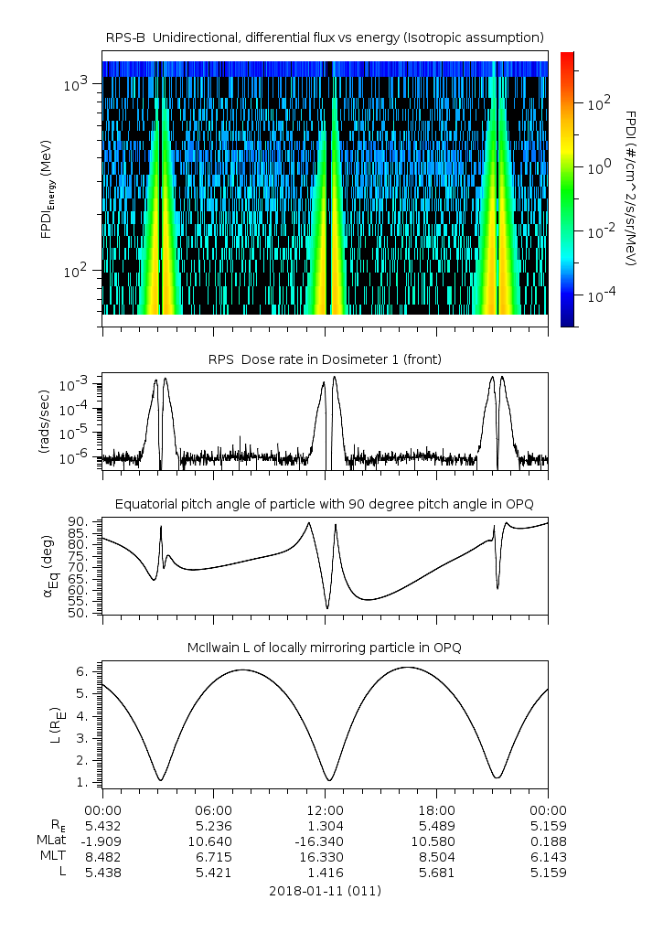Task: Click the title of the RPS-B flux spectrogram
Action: point(325,37)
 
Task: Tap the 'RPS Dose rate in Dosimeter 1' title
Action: point(325,359)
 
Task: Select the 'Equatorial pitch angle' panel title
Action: point(325,504)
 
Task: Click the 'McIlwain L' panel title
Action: point(325,648)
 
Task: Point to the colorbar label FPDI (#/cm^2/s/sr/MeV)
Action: point(631,188)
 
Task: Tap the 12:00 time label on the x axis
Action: point(326,809)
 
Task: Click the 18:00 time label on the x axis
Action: point(436,809)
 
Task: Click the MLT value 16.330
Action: point(326,857)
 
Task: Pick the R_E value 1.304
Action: point(326,825)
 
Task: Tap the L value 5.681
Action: point(436,873)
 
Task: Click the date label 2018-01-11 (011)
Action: point(325,891)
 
